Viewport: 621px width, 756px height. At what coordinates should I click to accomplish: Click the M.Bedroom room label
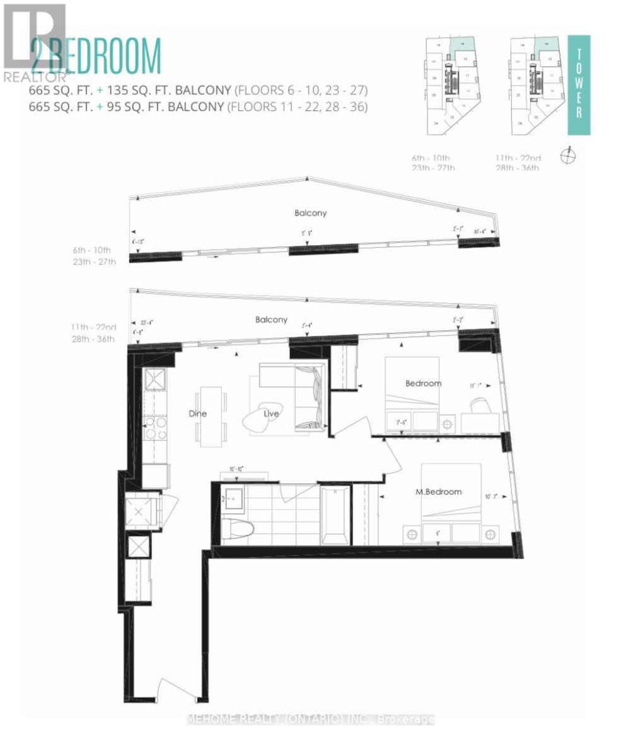439,492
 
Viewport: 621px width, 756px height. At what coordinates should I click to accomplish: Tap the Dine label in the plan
198,414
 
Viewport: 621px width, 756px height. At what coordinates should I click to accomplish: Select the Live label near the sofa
272,413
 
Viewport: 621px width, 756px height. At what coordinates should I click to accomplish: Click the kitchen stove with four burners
156,428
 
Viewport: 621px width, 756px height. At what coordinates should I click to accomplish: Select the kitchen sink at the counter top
155,380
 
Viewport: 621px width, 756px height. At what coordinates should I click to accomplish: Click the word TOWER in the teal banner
579,85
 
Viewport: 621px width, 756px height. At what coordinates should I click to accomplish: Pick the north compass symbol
568,155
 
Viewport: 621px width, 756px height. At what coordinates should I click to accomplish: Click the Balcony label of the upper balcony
311,213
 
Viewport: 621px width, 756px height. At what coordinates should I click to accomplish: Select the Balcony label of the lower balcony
272,320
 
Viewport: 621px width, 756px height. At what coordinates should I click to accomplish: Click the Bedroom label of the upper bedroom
423,383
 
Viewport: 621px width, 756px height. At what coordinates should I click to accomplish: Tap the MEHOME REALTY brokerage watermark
311,719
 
